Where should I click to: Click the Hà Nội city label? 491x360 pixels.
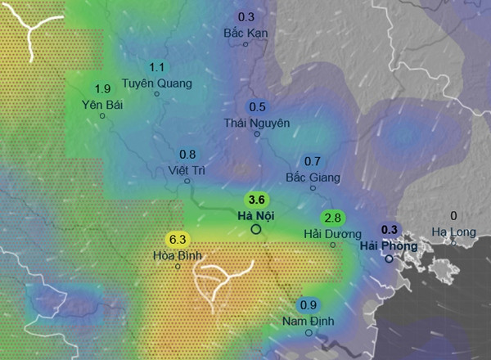click(255, 216)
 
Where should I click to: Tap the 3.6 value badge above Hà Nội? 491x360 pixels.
click(256, 200)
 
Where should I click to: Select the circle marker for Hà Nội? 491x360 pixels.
click(255, 230)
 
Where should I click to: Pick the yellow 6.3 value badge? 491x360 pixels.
click(177, 240)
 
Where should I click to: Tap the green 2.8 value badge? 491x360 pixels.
click(332, 218)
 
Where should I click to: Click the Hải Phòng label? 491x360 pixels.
click(389, 245)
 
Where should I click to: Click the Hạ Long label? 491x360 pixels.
click(453, 232)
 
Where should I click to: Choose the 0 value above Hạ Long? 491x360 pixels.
click(453, 217)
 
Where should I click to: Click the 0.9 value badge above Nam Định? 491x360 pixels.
click(309, 305)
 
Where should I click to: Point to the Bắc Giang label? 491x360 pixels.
click(312, 177)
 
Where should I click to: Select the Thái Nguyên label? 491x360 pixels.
click(256, 122)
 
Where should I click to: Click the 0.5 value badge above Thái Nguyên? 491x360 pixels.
click(257, 107)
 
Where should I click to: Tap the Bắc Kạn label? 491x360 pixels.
click(245, 33)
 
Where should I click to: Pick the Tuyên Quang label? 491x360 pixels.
click(156, 83)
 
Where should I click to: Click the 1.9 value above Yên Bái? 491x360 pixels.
click(102, 89)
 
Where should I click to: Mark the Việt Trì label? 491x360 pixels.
click(186, 170)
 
